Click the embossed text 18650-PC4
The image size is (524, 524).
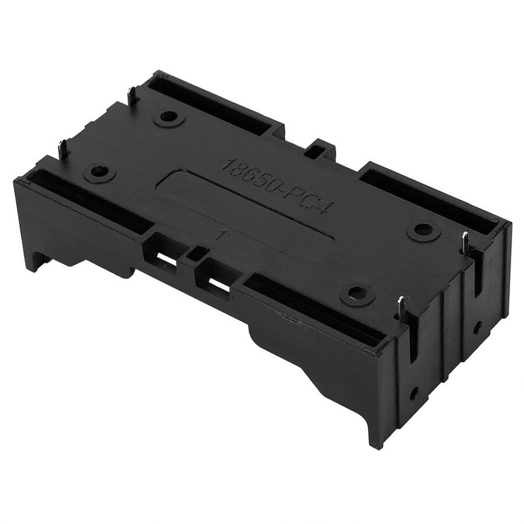click(275, 185)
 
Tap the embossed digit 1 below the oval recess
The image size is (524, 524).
click(222, 235)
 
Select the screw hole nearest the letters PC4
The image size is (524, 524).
click(423, 230)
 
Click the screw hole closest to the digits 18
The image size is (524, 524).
click(169, 117)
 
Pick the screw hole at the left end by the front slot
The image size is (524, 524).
click(100, 172)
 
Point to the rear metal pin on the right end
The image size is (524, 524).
click(465, 243)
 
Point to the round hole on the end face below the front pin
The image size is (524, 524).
click(414, 393)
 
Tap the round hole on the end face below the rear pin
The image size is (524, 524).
click(477, 327)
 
